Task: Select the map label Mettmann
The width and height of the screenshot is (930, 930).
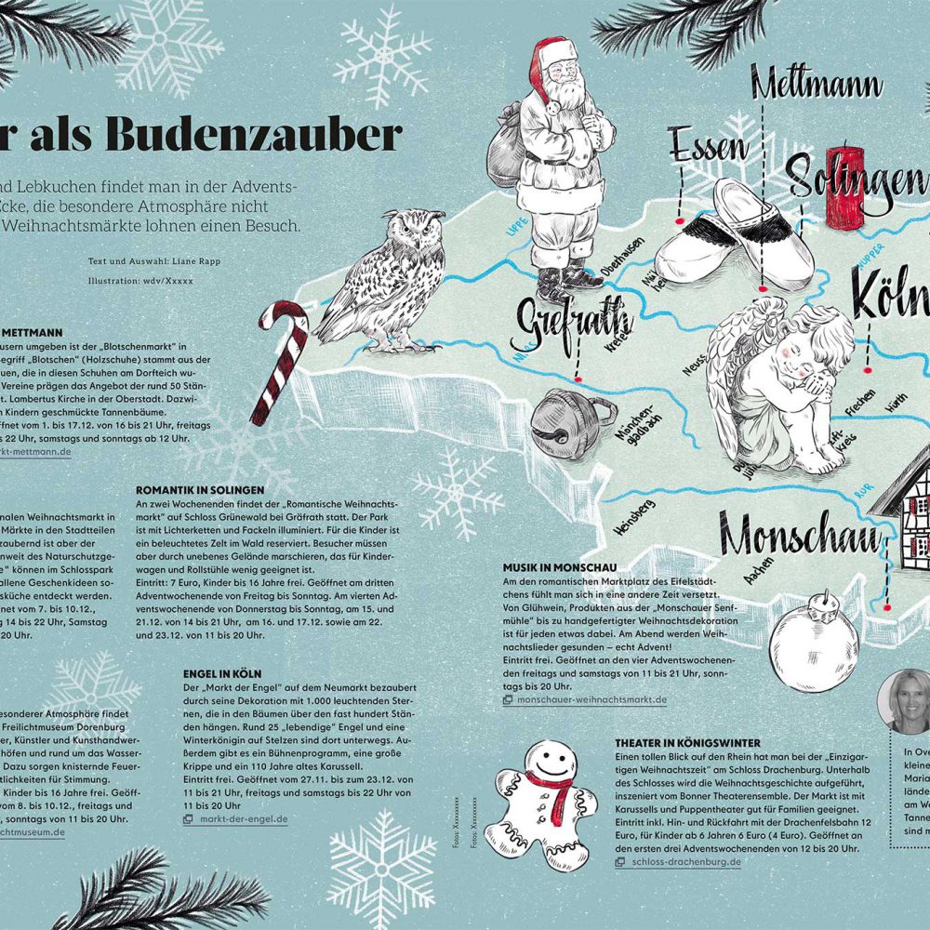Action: pyautogui.click(x=816, y=86)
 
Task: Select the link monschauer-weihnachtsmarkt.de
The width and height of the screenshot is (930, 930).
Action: pyautogui.click(x=591, y=699)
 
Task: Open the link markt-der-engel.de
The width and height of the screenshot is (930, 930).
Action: pyautogui.click(x=245, y=819)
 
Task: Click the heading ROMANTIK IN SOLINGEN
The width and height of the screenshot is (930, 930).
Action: pyautogui.click(x=201, y=488)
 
